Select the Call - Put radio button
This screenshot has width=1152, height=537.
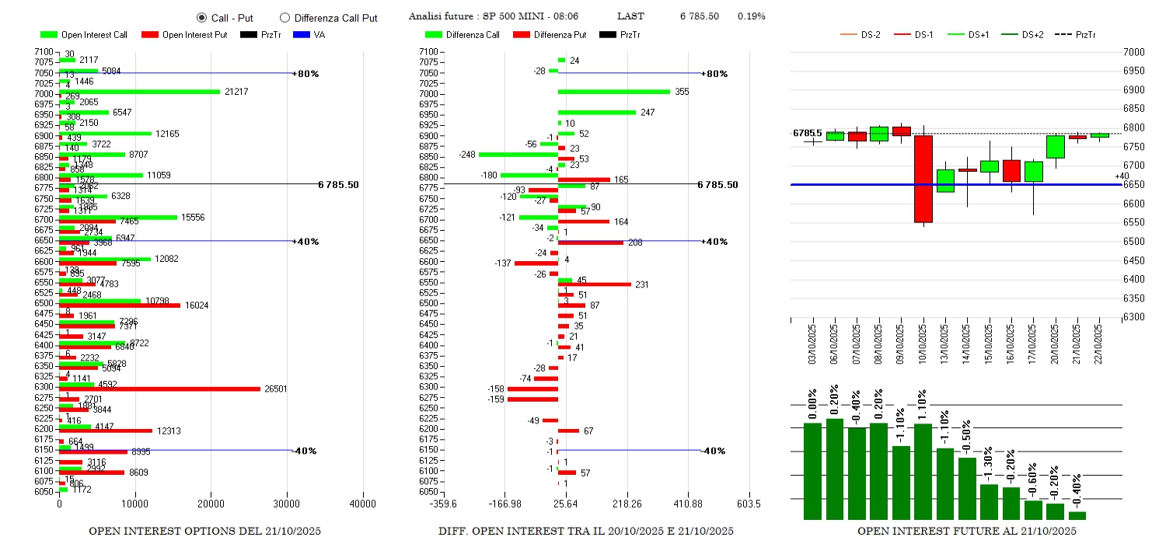pyautogui.click(x=201, y=18)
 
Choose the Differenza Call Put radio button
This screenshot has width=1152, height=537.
pyautogui.click(x=285, y=18)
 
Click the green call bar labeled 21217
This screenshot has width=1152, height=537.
pyautogui.click(x=140, y=92)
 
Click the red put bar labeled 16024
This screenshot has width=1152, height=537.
pyautogui.click(x=120, y=305)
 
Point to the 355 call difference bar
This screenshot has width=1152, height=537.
pyautogui.click(x=613, y=92)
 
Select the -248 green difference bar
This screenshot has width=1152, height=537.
pyautogui.click(x=518, y=155)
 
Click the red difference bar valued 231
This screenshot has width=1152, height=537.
pyautogui.click(x=595, y=284)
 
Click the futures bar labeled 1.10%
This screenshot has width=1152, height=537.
pyautogui.click(x=923, y=471)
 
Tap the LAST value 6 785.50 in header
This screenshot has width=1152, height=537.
pyautogui.click(x=699, y=16)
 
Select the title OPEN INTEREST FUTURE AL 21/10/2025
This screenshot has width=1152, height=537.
pyautogui.click(x=967, y=531)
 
